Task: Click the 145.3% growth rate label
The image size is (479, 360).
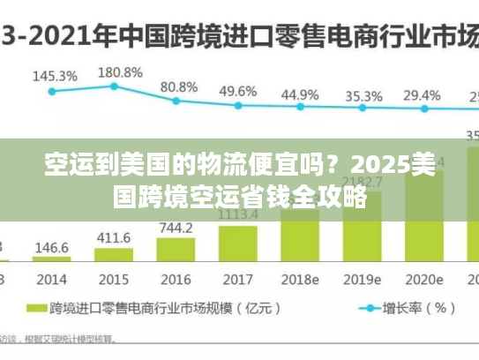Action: pyautogui.click(x=54, y=76)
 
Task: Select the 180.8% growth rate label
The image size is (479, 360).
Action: pyautogui.click(x=119, y=72)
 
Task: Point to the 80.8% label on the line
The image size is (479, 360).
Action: pyautogui.click(x=179, y=87)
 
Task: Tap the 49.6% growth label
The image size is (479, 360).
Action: pyautogui.click(x=238, y=91)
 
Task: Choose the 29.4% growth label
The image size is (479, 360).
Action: pyautogui.click(x=422, y=94)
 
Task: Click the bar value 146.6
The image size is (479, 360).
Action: pyautogui.click(x=52, y=248)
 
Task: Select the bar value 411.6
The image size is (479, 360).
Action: pyautogui.click(x=114, y=238)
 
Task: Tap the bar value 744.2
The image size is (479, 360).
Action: pyautogui.click(x=176, y=228)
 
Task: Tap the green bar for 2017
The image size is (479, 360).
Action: pyautogui.click(x=238, y=244)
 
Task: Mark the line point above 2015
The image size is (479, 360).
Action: pyautogui.click(x=114, y=86)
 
